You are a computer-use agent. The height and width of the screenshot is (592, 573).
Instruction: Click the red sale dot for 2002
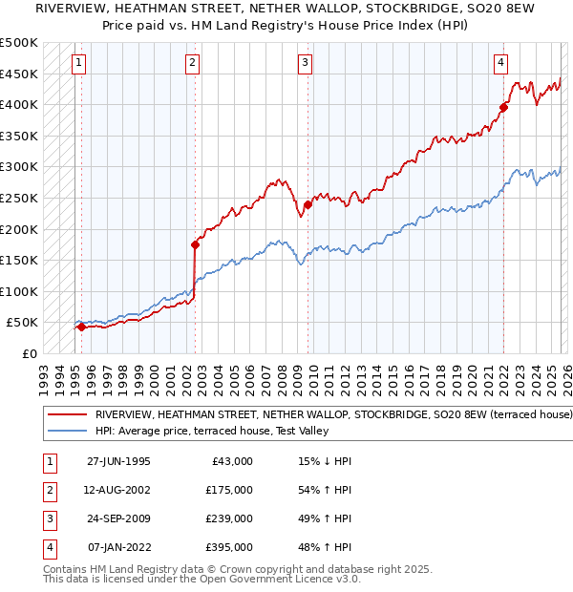pos(195,244)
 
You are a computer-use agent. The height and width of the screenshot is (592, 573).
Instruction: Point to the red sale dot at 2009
pos(308,204)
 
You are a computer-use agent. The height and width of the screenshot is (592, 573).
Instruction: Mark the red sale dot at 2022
pos(503,107)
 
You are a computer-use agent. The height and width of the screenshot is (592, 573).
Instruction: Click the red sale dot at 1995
pos(81,327)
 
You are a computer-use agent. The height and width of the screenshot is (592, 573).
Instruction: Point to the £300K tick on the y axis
pos(19,167)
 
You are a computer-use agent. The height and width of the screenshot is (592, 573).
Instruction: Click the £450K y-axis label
pos(19,74)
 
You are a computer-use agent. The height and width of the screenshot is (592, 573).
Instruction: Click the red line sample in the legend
pos(66,415)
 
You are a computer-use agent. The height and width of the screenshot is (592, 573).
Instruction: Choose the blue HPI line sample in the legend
pos(66,432)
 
